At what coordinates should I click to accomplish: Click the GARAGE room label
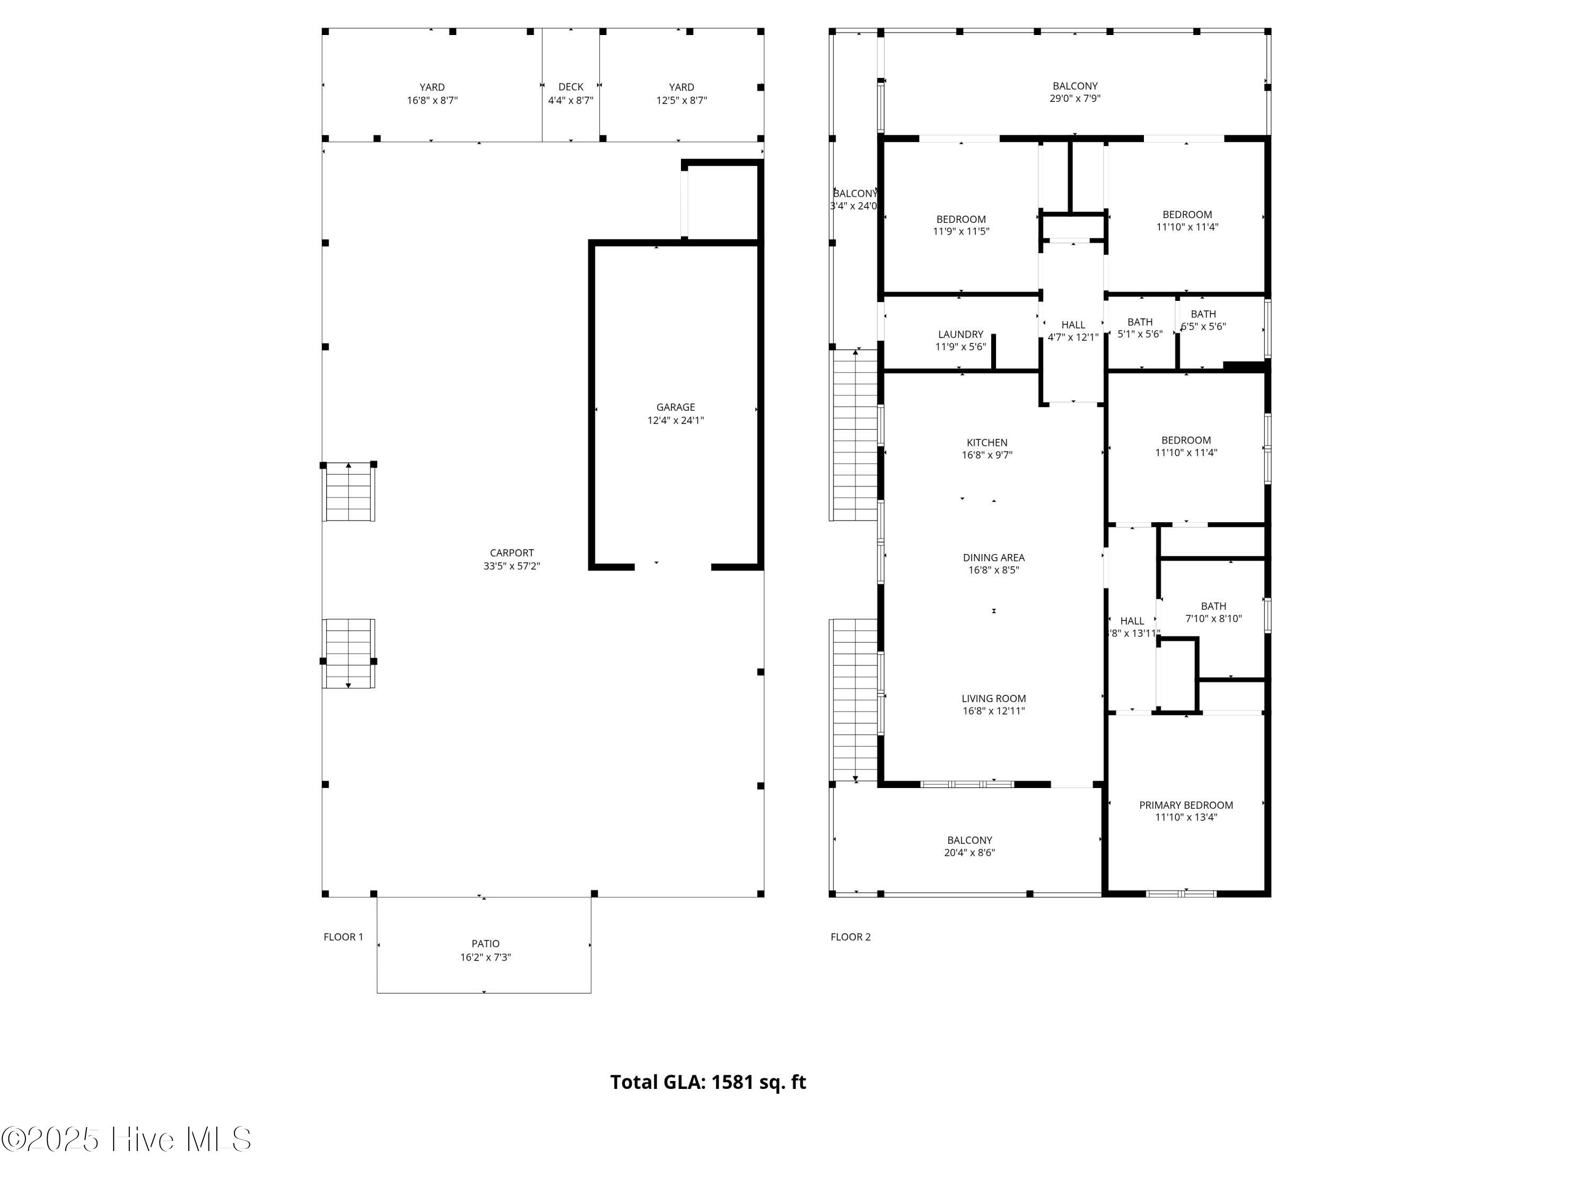click(x=676, y=408)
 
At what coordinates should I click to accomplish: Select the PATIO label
click(x=485, y=944)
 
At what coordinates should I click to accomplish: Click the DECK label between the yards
click(x=571, y=87)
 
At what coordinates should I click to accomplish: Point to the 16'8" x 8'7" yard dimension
click(x=432, y=101)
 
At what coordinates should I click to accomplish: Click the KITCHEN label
click(x=987, y=443)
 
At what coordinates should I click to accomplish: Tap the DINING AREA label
click(x=994, y=558)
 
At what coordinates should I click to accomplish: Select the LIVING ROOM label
click(x=994, y=699)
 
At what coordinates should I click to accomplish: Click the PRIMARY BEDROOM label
click(x=1186, y=806)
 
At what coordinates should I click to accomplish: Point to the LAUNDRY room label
click(x=961, y=335)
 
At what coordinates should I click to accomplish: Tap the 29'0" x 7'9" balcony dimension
click(x=1076, y=99)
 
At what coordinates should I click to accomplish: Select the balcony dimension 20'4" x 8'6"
click(x=969, y=853)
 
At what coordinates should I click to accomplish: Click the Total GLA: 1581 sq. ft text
click(x=709, y=1083)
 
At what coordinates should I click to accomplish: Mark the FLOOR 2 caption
click(x=851, y=937)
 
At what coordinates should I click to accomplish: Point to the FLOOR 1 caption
click(x=343, y=937)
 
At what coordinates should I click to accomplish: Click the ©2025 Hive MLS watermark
click(x=127, y=1139)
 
